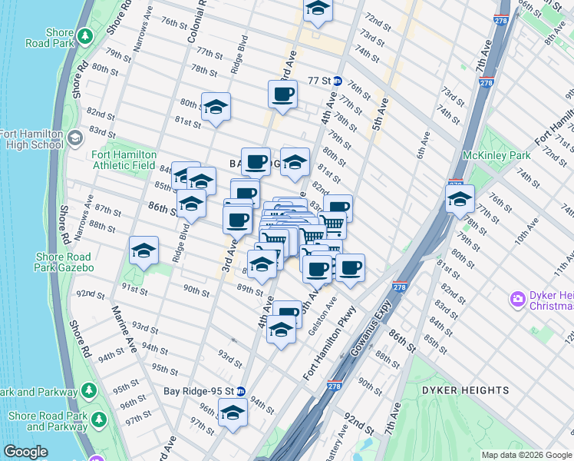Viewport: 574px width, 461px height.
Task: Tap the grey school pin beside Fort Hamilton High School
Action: (74, 138)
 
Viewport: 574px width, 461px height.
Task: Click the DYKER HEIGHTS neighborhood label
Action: (465, 390)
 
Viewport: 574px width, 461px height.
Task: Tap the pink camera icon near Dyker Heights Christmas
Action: (518, 298)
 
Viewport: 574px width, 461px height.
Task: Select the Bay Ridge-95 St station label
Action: (199, 390)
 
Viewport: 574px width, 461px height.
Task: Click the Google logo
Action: (25, 452)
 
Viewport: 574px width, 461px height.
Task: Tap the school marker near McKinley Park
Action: (460, 198)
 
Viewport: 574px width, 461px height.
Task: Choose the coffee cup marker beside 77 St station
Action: (282, 95)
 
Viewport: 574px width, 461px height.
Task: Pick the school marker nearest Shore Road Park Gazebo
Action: (143, 250)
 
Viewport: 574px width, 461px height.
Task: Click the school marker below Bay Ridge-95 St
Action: (233, 413)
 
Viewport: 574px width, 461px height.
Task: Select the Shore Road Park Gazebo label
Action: (63, 262)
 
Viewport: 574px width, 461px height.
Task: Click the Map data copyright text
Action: (527, 455)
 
